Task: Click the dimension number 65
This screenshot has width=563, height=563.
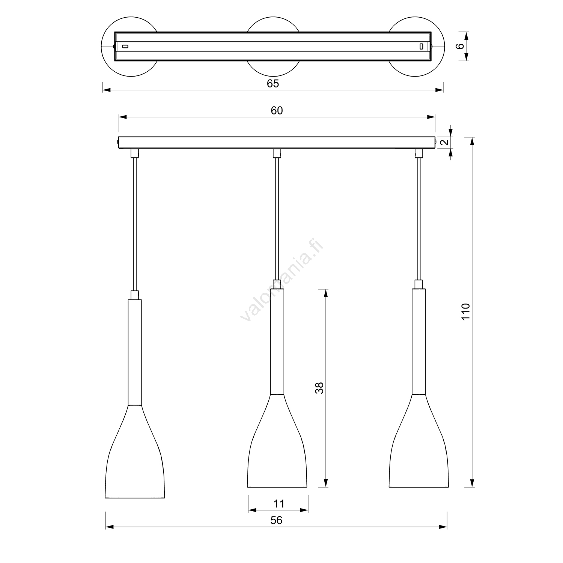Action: [273, 83]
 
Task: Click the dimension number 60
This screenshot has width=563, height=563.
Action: [277, 110]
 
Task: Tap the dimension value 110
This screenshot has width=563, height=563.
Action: [465, 312]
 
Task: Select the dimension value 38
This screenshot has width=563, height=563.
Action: [319, 388]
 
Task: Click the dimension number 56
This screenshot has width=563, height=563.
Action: [276, 520]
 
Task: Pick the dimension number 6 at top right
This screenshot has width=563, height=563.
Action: [460, 46]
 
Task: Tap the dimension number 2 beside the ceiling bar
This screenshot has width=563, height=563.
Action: [444, 143]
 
